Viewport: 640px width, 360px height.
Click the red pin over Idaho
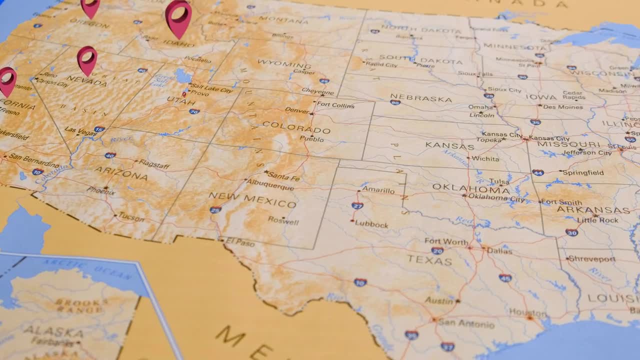coord(178,16)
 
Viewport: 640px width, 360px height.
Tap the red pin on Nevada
coord(87,58)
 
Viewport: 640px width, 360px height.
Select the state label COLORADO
coord(296,127)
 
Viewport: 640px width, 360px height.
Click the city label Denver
coord(297,110)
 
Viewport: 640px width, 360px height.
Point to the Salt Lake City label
coord(211,89)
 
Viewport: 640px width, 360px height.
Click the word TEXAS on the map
coord(429,260)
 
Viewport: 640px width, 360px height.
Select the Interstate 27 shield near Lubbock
coord(357,205)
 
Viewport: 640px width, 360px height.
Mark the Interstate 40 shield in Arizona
coord(110,155)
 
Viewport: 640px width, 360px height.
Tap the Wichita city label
coord(485,159)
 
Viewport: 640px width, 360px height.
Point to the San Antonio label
coord(466,324)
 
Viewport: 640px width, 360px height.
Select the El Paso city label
coord(240,243)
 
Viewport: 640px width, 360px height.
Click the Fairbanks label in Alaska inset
coord(55,341)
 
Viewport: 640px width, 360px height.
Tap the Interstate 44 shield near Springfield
coord(537,172)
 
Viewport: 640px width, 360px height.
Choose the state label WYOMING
coord(284,64)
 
